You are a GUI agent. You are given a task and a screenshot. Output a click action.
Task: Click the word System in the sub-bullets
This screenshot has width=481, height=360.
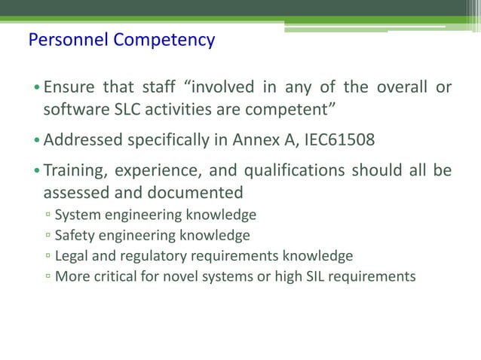pos(78,215)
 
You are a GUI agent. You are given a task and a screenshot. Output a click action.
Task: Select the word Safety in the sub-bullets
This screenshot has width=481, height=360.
pos(75,236)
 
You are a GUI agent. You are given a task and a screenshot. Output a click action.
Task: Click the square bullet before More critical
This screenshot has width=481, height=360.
pos(47,276)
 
